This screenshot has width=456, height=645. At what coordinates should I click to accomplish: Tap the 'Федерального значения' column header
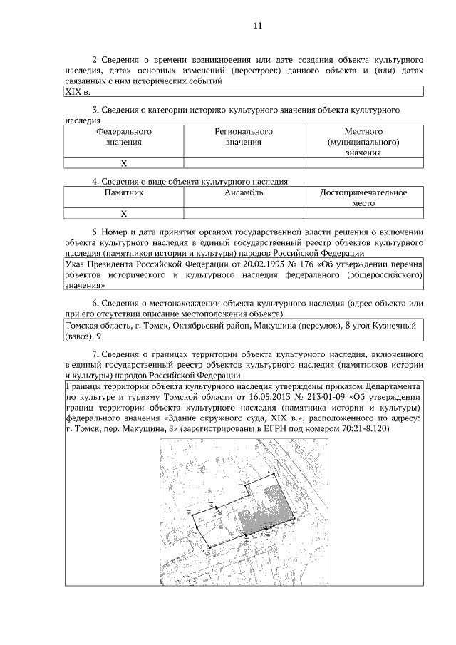(124, 137)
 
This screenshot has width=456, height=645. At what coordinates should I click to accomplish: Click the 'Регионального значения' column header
(244, 137)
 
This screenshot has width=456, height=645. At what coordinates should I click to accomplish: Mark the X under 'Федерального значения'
(124, 162)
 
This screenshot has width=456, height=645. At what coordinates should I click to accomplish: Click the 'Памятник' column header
(124, 192)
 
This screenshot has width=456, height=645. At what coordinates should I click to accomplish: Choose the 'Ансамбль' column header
(244, 192)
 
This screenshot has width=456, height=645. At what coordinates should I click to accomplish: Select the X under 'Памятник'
(124, 213)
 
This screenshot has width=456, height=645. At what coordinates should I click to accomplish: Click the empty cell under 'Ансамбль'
(244, 213)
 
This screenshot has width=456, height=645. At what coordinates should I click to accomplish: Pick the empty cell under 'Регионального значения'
(244, 162)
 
